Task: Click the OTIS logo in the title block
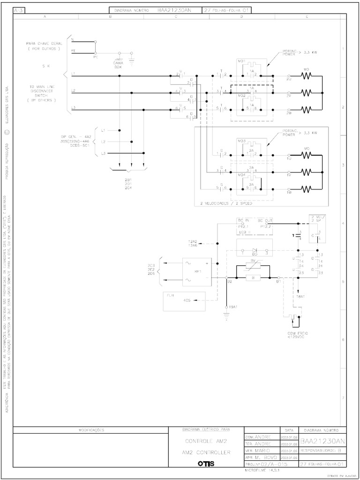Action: click(206, 464)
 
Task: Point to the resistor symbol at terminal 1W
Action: click(307, 189)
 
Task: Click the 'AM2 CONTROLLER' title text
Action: click(206, 453)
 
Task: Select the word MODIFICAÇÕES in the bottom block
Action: click(90, 430)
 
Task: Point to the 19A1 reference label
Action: click(233, 307)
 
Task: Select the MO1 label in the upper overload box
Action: click(242, 61)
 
